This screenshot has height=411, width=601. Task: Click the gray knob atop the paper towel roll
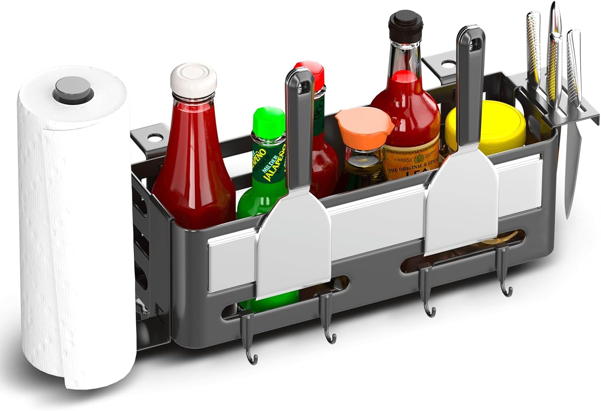(x=75, y=97)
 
